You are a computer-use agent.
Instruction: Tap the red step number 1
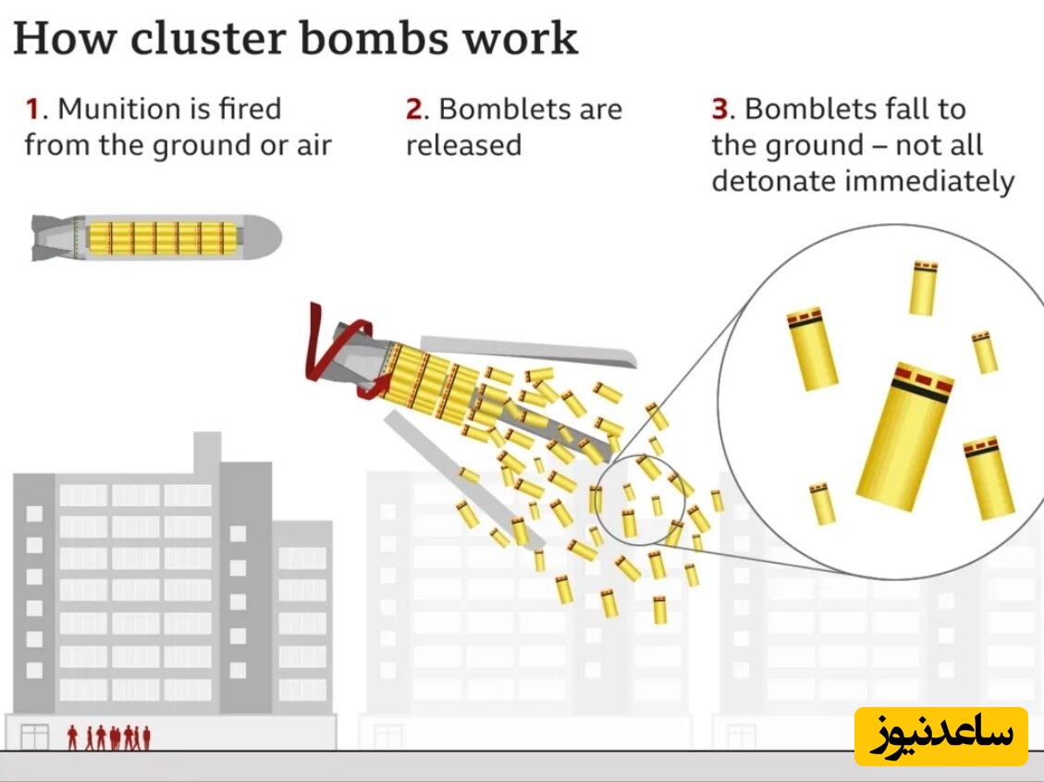(32, 109)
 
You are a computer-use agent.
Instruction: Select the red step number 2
(414, 109)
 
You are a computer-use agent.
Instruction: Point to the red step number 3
(720, 109)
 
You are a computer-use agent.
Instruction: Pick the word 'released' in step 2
(463, 145)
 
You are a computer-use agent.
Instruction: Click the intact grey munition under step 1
(153, 237)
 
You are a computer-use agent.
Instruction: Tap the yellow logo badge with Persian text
(940, 736)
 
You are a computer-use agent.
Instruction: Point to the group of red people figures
(108, 738)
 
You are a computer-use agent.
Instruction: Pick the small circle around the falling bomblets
(638, 501)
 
